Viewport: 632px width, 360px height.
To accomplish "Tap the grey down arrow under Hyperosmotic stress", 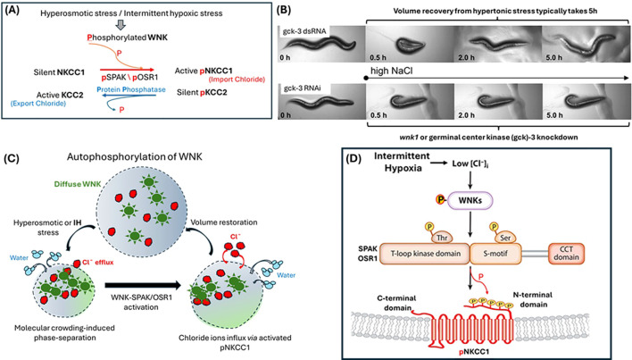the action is (x=121, y=25).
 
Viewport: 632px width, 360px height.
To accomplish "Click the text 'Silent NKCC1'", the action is (x=59, y=72).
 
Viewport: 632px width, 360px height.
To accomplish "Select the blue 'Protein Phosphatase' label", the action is (x=131, y=89).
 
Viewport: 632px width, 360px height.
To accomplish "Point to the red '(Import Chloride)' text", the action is (x=237, y=80).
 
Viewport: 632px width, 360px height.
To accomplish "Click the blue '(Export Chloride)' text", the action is (x=37, y=104).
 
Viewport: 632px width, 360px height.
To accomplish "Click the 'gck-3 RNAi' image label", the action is (x=303, y=88).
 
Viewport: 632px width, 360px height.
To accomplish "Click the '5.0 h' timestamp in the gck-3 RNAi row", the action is (x=554, y=115).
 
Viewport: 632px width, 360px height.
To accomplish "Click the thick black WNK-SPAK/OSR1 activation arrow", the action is (x=143, y=286).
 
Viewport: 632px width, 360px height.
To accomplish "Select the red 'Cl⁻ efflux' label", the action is (x=98, y=263).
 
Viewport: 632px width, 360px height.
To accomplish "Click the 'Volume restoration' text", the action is (x=224, y=222).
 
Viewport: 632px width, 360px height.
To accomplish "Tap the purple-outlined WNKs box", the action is (x=470, y=200).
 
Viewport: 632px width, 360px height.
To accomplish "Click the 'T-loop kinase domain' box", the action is (x=425, y=254).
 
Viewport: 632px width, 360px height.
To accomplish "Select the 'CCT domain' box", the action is (x=566, y=253).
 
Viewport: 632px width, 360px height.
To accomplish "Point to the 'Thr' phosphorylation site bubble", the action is (x=442, y=238).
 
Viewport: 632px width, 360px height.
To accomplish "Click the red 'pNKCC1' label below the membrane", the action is (x=474, y=352).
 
